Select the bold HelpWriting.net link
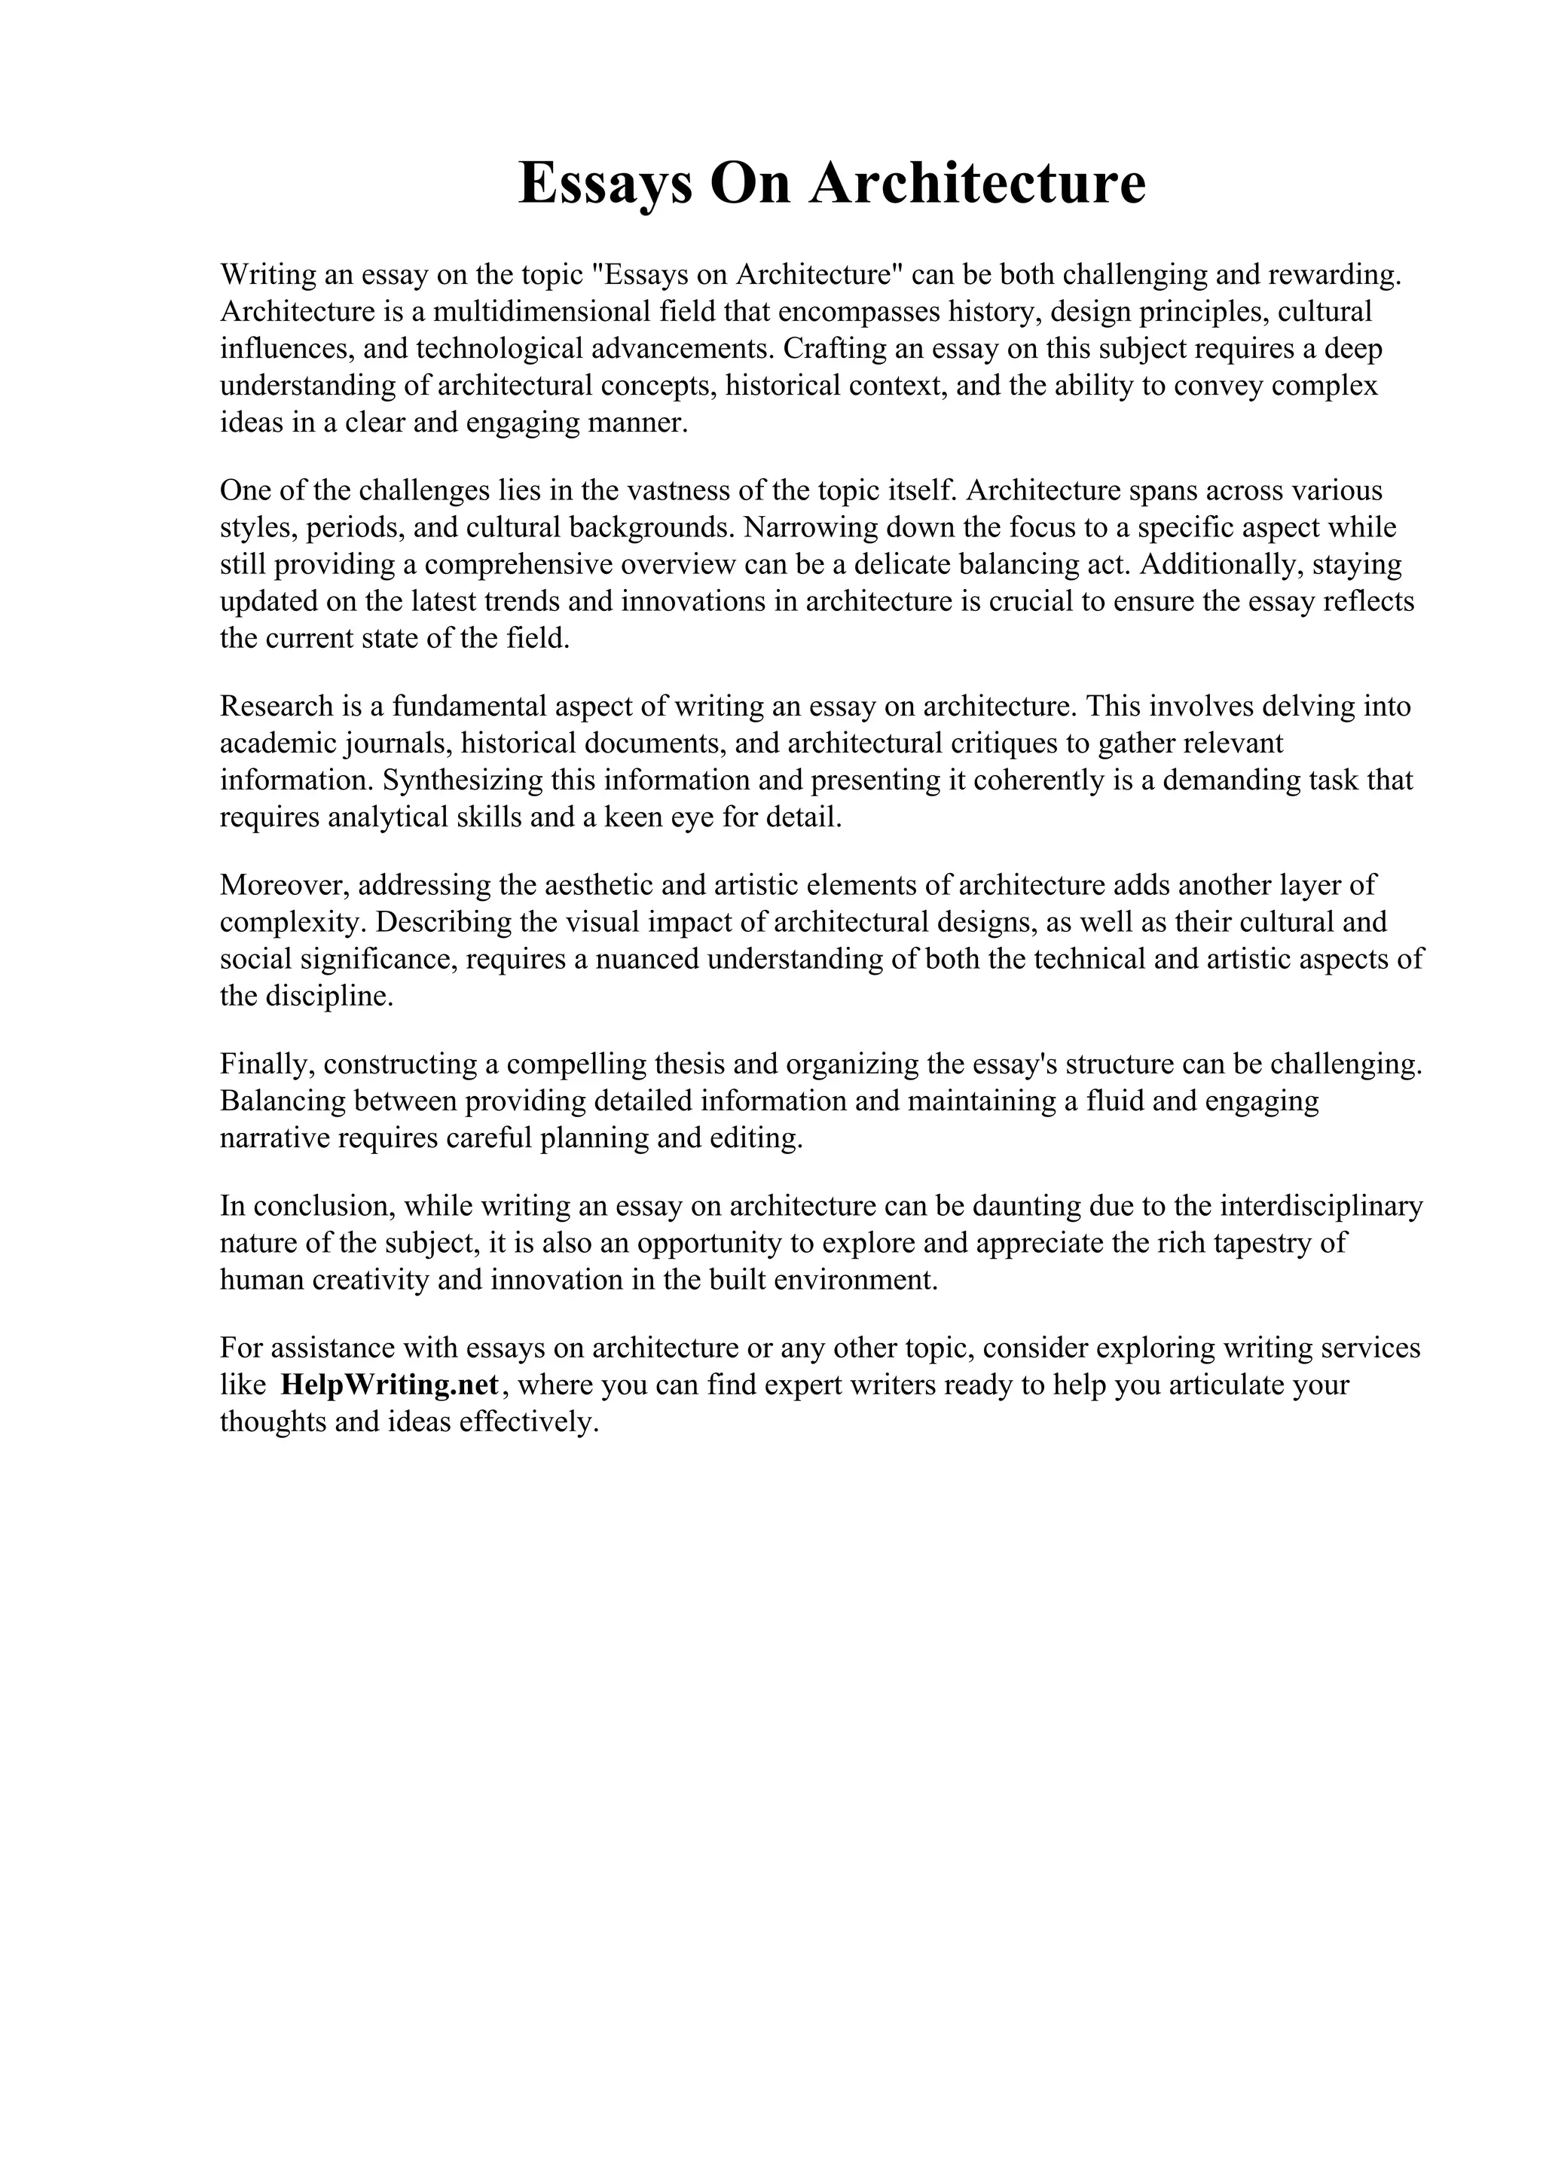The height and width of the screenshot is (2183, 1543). point(390,1385)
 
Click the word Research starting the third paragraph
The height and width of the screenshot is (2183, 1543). point(277,707)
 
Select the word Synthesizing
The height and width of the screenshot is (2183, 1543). point(463,780)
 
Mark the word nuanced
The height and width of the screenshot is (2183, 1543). point(646,960)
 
